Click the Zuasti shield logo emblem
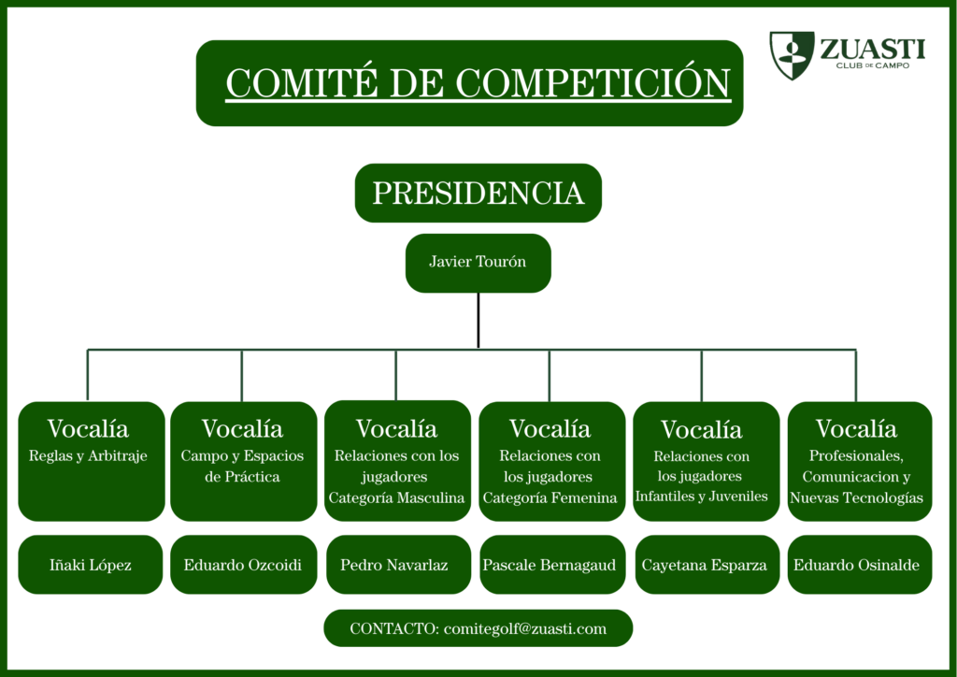tap(792, 55)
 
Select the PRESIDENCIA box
tap(478, 193)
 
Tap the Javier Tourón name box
tap(478, 263)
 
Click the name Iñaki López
tap(91, 566)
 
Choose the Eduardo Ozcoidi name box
tap(244, 565)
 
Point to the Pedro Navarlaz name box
tap(398, 565)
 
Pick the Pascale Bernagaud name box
tap(551, 565)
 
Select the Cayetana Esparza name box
tap(707, 565)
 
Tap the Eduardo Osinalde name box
tap(860, 565)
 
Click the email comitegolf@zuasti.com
tap(525, 629)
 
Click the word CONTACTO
tap(394, 628)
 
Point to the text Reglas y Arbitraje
tap(88, 456)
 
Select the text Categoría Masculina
tap(396, 498)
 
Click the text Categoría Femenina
tap(550, 498)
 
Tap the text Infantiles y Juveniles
tap(701, 497)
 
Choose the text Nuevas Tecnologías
tap(856, 498)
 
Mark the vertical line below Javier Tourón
tap(478, 321)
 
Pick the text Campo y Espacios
tap(242, 456)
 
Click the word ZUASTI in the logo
tap(872, 49)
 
